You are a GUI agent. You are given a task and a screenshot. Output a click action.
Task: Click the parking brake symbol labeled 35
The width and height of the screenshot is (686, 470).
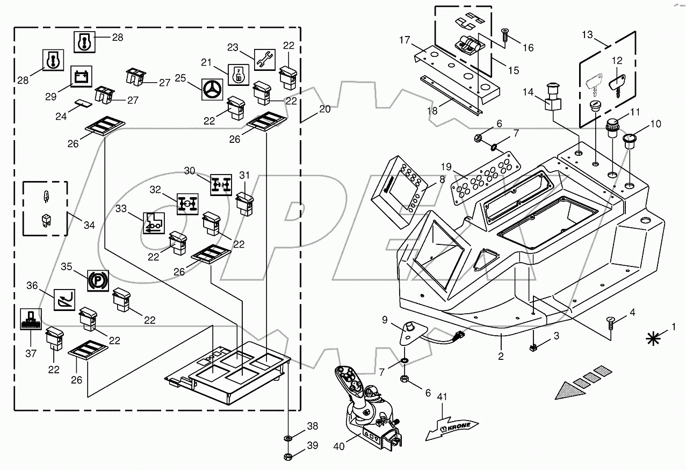98,280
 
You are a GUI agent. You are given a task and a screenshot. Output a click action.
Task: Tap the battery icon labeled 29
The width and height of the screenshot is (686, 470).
82,77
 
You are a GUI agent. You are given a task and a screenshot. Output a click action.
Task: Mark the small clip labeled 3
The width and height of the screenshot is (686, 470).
533,348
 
